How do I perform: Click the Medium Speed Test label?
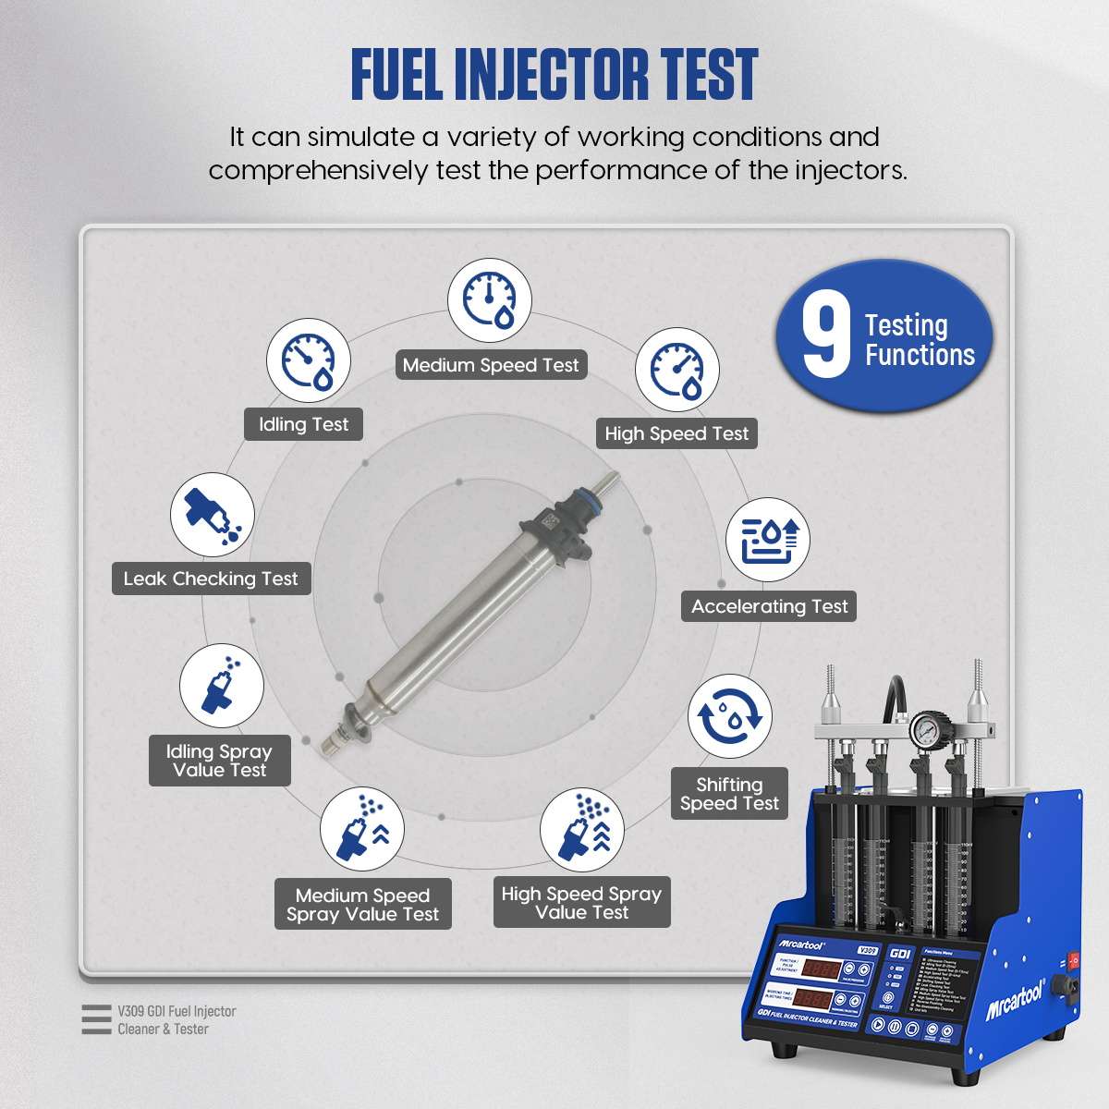491,365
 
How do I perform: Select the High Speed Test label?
676,433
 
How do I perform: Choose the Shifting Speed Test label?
729,794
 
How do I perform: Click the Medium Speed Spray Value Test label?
362,905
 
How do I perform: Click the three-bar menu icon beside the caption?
95,1019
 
